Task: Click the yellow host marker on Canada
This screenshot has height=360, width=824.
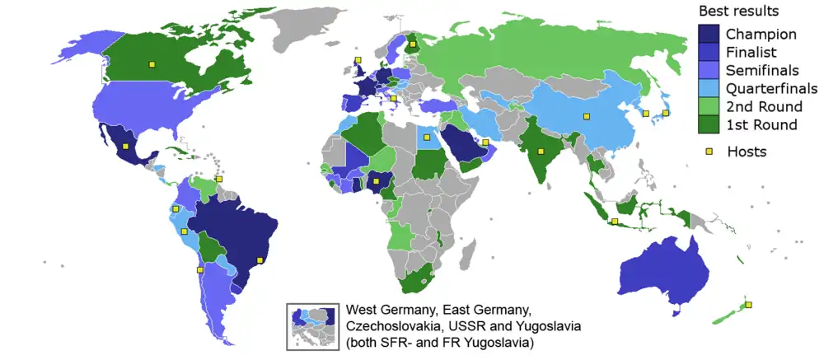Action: point(151,63)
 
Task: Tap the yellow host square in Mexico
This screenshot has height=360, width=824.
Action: point(125,147)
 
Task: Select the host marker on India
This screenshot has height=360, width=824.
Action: point(540,150)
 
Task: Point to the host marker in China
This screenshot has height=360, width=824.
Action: point(587,116)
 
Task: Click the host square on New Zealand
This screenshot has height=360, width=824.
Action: point(749,305)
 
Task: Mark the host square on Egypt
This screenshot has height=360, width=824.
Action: point(426,137)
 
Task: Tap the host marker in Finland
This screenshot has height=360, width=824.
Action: point(412,44)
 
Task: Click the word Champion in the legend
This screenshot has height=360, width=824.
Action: point(760,35)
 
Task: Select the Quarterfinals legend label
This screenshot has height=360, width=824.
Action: point(771,88)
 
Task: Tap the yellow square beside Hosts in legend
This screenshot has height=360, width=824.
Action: point(707,152)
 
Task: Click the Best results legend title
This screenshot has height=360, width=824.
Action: point(738,12)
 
